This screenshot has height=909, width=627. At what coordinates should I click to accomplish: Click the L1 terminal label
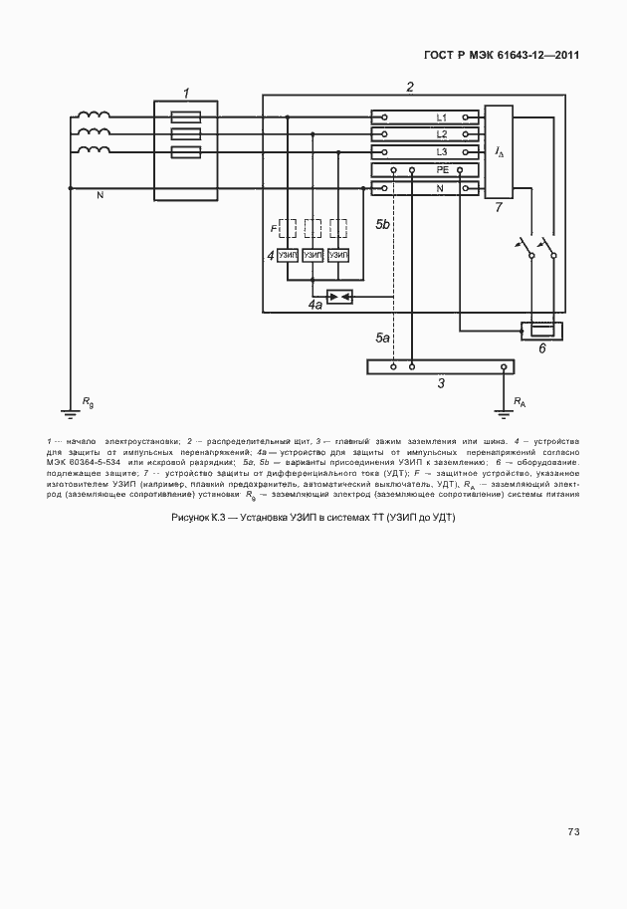442,117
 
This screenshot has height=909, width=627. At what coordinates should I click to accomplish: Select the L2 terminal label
442,134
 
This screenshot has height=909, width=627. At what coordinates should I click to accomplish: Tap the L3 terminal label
442,151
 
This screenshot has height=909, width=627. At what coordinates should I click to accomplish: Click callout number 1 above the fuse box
186,93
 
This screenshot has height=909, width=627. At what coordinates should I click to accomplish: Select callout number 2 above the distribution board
410,88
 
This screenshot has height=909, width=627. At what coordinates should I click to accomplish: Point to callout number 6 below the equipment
542,349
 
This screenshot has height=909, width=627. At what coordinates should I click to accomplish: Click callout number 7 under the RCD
499,208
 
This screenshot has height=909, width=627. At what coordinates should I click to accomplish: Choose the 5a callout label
382,340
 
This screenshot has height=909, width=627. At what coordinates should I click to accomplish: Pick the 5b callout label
382,226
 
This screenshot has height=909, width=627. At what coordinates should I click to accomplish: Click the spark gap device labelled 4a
340,297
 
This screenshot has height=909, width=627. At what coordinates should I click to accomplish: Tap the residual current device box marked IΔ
499,150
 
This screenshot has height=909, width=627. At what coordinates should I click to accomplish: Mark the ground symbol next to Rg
71,407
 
